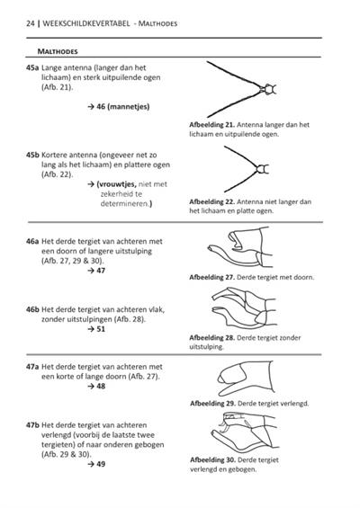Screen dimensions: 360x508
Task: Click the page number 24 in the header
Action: tap(31, 23)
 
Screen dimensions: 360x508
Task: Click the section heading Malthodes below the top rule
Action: tap(58, 51)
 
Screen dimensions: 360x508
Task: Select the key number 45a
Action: tap(32, 67)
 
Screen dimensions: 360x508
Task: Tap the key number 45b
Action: tap(32, 155)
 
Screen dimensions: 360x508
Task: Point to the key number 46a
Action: tap(32, 241)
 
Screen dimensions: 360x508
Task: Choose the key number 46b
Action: tap(32, 309)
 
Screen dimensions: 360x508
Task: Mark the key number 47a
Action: tap(32, 367)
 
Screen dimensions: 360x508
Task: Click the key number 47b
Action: tap(32, 425)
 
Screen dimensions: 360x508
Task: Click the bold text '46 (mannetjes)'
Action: tap(123, 107)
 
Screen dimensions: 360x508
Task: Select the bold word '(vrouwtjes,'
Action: tap(117, 184)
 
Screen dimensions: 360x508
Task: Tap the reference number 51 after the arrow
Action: tap(101, 329)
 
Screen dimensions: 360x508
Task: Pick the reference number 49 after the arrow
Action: tap(101, 464)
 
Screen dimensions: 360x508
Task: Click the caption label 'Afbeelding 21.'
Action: tap(212, 125)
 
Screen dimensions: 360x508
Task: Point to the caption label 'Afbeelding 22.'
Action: tap(212, 201)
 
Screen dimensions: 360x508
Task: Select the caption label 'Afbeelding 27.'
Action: tap(212, 277)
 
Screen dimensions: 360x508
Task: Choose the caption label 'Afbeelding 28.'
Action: tap(212, 337)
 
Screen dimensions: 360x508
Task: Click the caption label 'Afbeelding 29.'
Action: tap(212, 404)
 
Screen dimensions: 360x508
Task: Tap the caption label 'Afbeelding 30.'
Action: tap(212, 459)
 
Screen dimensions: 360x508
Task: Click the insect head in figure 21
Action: tap(269, 89)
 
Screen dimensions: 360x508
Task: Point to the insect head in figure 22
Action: tap(263, 169)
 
